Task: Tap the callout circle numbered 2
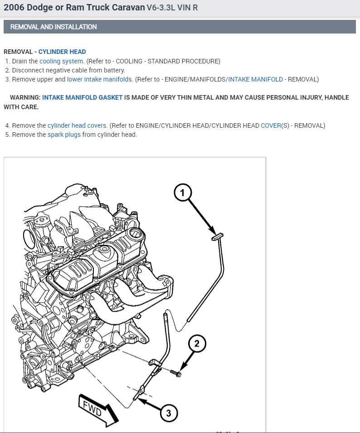tap(197, 344)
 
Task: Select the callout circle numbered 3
tap(169, 413)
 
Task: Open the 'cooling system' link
tap(61, 61)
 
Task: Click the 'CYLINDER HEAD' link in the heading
tap(62, 52)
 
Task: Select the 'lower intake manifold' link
tap(97, 79)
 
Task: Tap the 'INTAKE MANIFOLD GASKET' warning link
tap(83, 98)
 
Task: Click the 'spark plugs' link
tap(64, 135)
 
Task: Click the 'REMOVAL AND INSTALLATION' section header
tap(54, 27)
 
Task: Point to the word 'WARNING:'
tap(25, 98)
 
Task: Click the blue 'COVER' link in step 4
tap(271, 125)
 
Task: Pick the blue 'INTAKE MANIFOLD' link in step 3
tap(255, 79)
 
